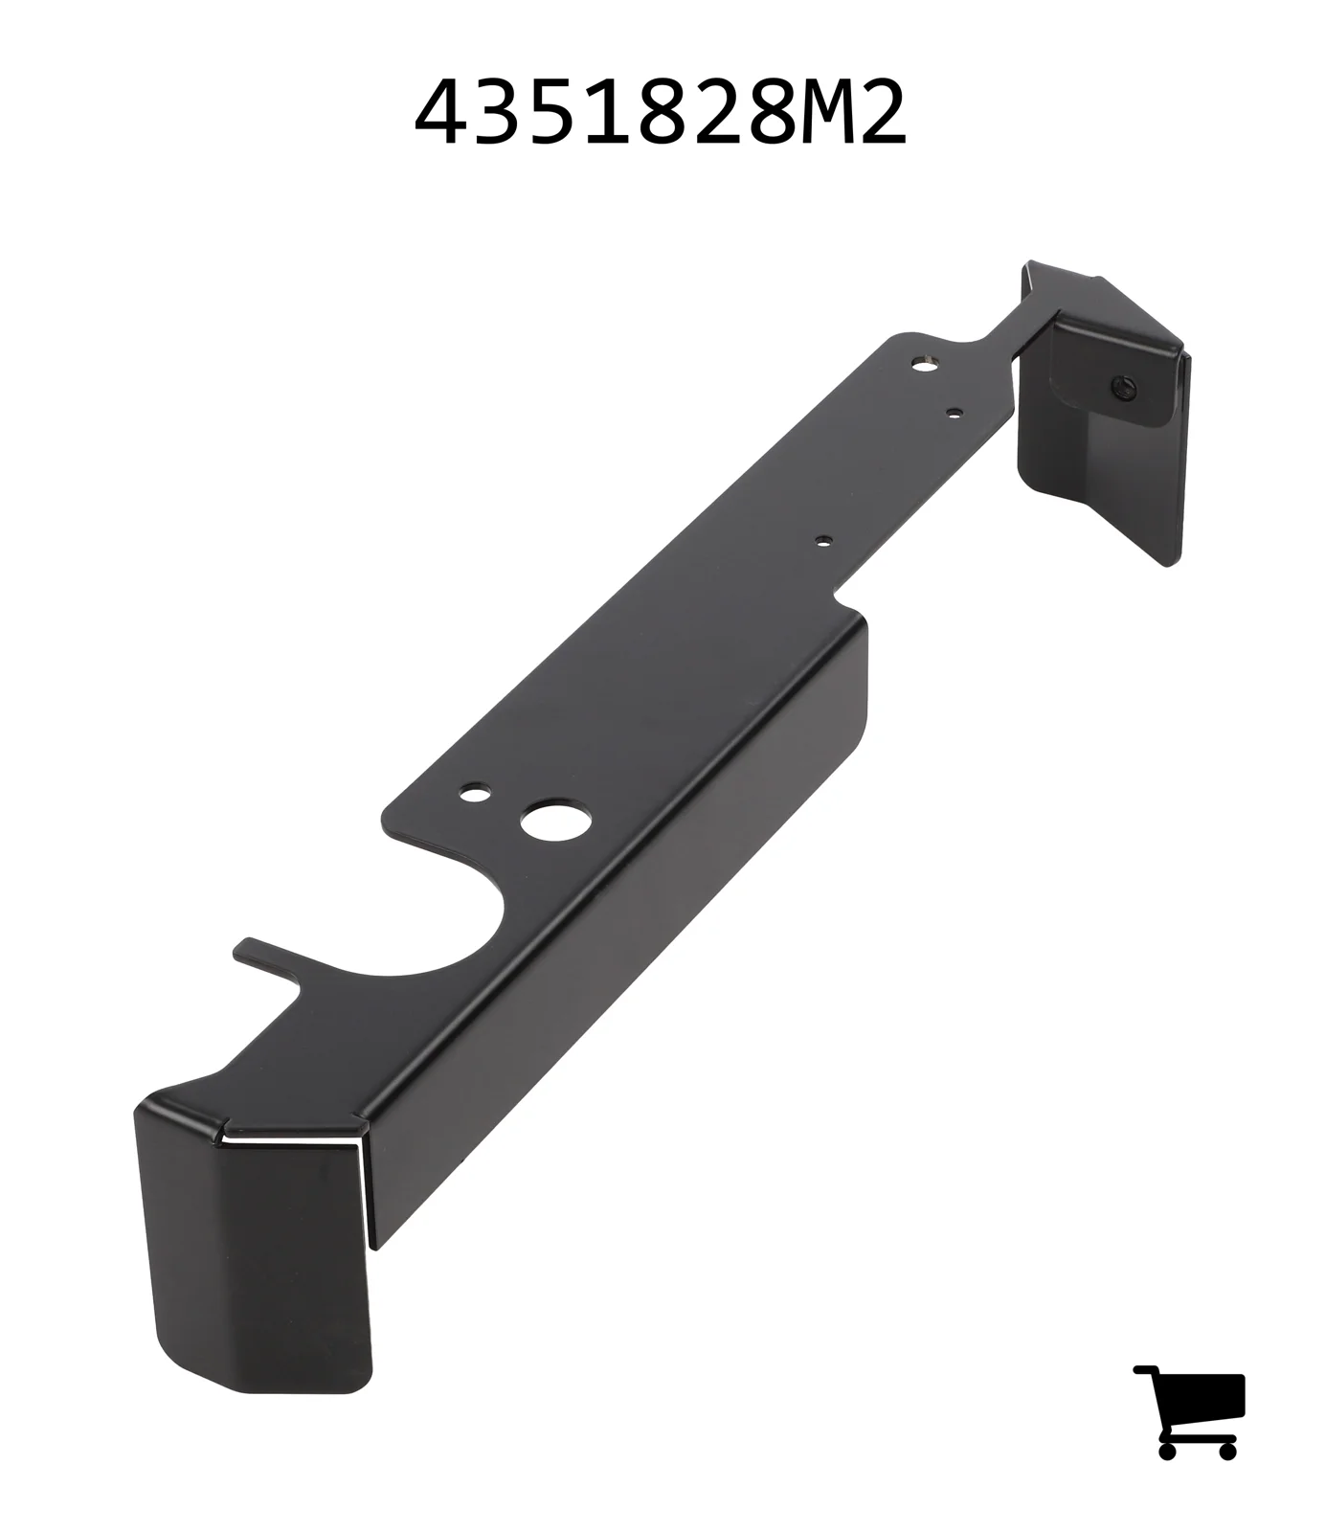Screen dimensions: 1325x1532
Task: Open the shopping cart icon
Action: [x=1189, y=1411]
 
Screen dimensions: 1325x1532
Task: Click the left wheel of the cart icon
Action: [x=1167, y=1450]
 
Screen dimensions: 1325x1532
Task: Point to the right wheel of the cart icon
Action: [x=1226, y=1450]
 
